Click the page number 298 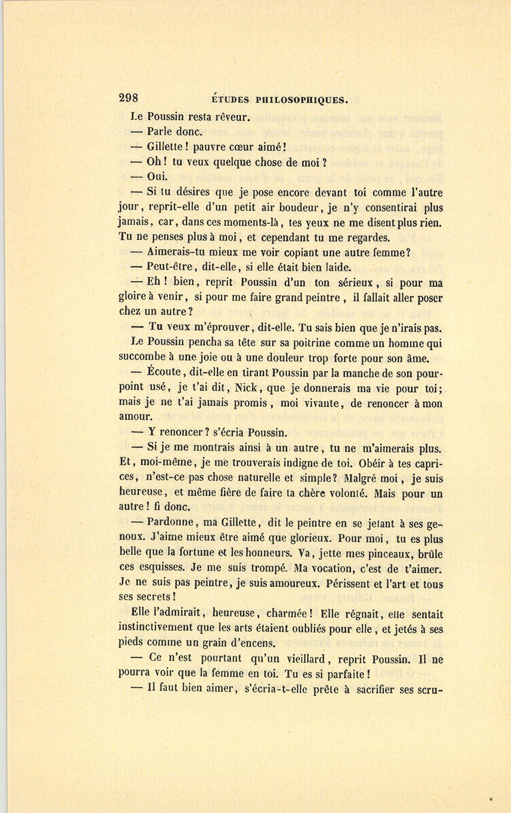(x=128, y=98)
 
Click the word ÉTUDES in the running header (x=230, y=100)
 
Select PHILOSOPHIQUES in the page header (x=301, y=100)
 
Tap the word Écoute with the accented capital (x=163, y=372)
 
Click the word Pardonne (x=172, y=523)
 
